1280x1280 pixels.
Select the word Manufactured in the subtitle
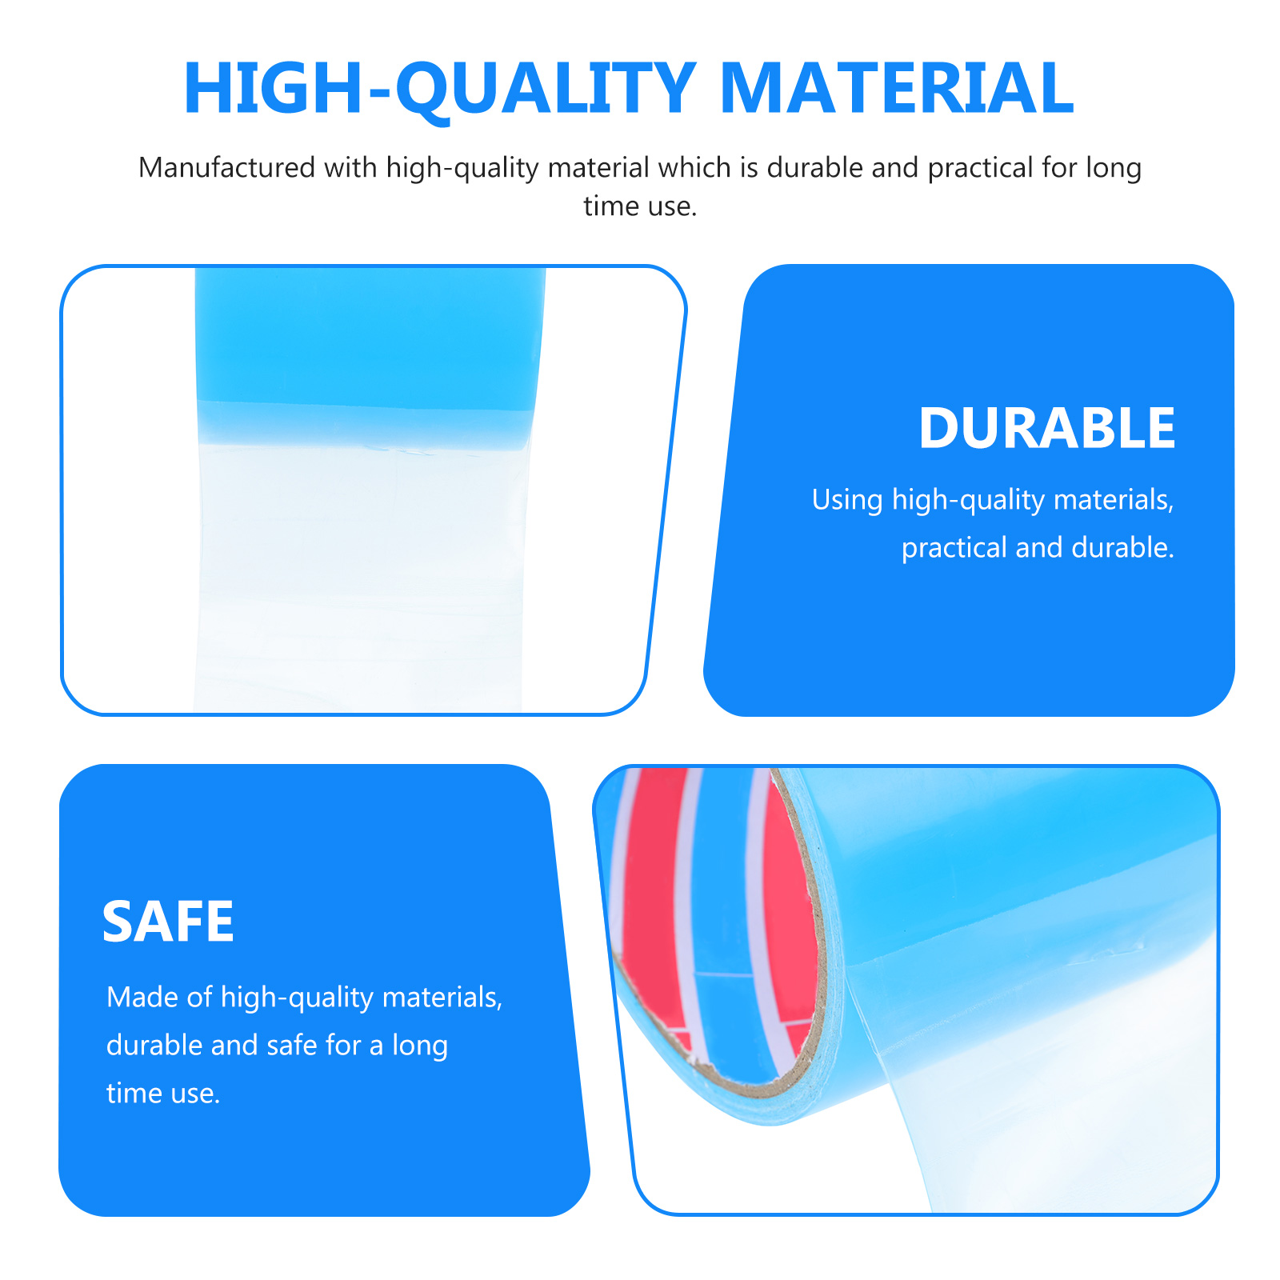(x=227, y=167)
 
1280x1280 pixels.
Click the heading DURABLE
(x=1046, y=429)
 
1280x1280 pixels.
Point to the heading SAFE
(x=168, y=922)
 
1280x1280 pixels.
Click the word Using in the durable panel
(x=847, y=500)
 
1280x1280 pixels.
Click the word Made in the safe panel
(x=141, y=997)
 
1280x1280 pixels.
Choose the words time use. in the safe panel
(x=163, y=1093)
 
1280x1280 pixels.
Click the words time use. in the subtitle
(x=640, y=206)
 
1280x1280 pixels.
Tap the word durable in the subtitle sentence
(x=815, y=167)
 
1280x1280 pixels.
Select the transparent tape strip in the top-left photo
(x=360, y=576)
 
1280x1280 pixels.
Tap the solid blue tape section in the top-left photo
(x=370, y=356)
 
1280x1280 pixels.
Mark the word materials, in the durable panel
(x=1114, y=500)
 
